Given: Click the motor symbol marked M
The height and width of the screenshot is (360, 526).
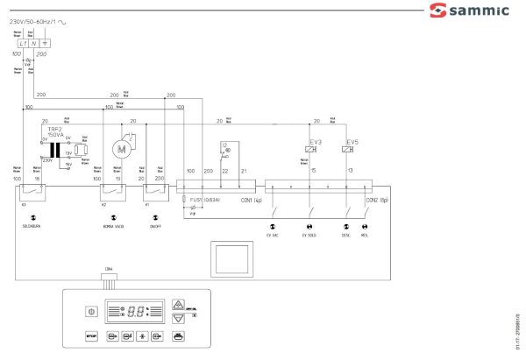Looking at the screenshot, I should pyautogui.click(x=122, y=150).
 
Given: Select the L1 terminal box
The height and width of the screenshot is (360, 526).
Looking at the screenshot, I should pyautogui.click(x=22, y=42).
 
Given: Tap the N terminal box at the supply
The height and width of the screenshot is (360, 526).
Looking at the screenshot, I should pyautogui.click(x=33, y=42).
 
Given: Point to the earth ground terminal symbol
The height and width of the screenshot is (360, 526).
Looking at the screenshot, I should pyautogui.click(x=46, y=42).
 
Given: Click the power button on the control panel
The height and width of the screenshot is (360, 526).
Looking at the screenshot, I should pyautogui.click(x=89, y=311).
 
